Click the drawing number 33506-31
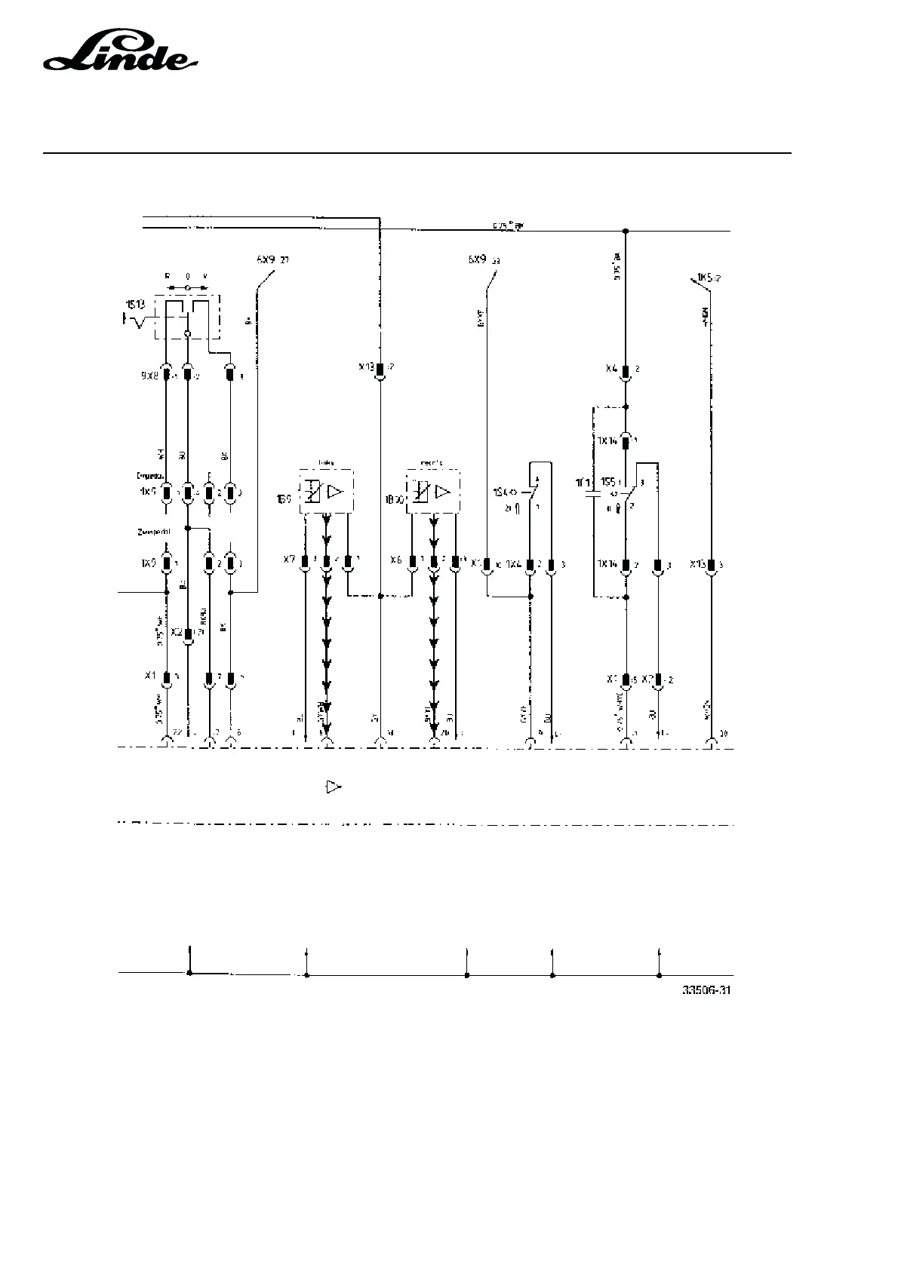[706, 990]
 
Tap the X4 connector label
[612, 370]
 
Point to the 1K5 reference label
[706, 278]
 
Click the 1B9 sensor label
[284, 499]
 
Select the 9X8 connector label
[149, 374]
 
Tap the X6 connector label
[395, 561]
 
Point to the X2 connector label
[177, 632]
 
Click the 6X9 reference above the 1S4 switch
[477, 260]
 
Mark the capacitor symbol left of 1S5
[594, 494]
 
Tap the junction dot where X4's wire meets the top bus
[626, 230]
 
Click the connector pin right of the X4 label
[626, 370]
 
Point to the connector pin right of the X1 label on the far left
[167, 677]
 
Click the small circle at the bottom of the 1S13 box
[187, 333]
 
